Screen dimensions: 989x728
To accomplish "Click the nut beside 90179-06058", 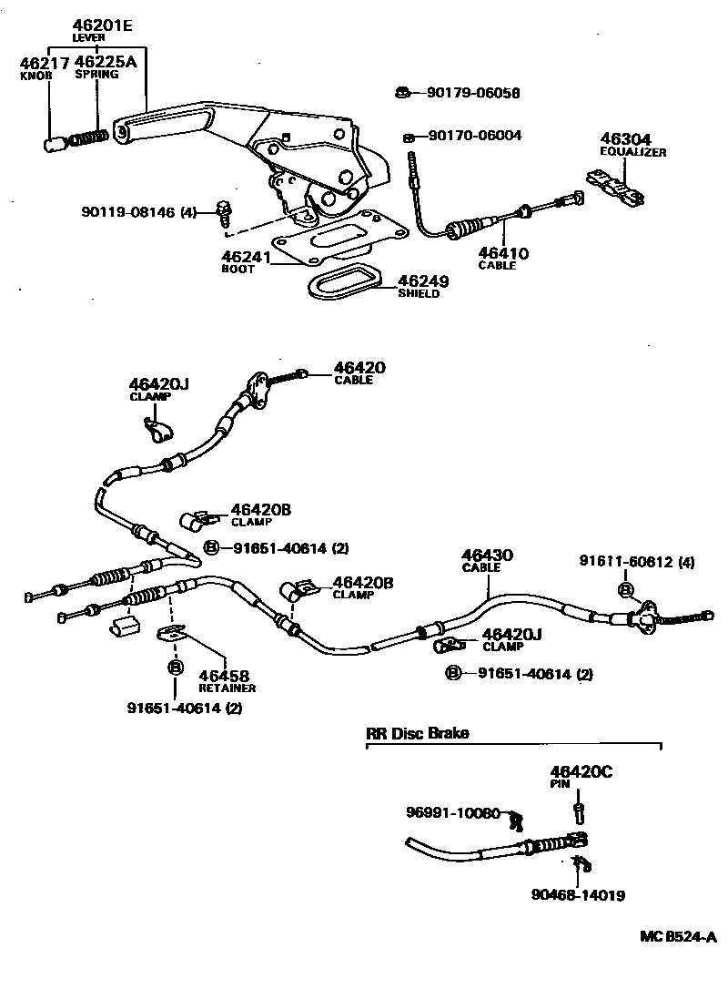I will point(401,91).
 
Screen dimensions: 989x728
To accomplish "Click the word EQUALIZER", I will point(632,152).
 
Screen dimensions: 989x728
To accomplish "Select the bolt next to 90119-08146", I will point(224,214).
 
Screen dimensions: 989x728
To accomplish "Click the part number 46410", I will point(503,253).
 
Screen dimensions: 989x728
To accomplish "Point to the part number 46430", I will point(487,555).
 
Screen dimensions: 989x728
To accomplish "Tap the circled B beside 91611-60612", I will point(626,591).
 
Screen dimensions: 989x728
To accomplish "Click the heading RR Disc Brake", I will point(418,733).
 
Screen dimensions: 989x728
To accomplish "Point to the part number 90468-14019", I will point(578,895).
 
